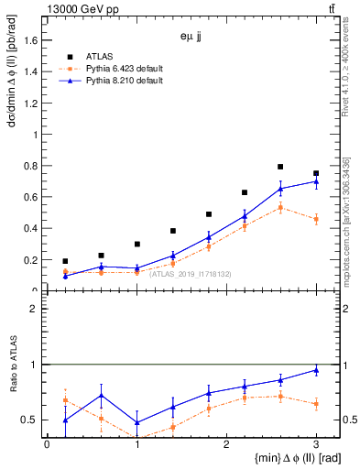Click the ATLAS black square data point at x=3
[316, 173]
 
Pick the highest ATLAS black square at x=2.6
[280, 167]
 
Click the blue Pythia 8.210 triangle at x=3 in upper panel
[316, 181]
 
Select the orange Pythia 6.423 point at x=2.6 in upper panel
[280, 207]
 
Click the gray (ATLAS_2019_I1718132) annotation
[190, 273]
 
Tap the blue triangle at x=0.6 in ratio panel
[101, 396]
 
